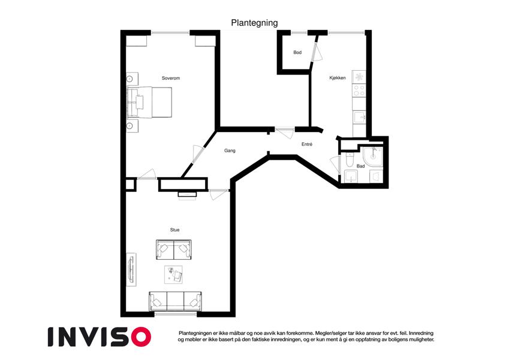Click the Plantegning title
tap(254, 23)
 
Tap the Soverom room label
tap(171, 78)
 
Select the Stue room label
tap(174, 230)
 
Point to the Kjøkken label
tap(338, 78)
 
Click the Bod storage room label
tap(297, 52)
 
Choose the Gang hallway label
tap(230, 151)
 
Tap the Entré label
tap(307, 144)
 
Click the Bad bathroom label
tap(361, 166)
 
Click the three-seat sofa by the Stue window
tap(175, 301)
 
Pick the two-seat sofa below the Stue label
tap(174, 250)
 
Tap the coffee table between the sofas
tap(173, 275)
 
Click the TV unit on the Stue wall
tap(131, 269)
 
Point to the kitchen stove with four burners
tap(359, 91)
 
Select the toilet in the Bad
tap(350, 159)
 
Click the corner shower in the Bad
tap(373, 157)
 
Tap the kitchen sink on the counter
tap(360, 117)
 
